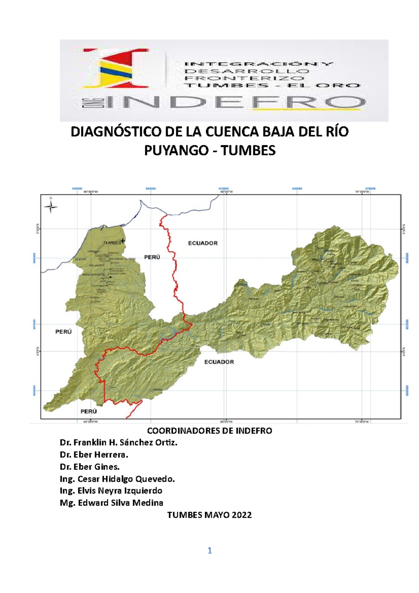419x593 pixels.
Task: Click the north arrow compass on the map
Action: [51, 207]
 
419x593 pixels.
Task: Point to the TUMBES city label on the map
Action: [112, 243]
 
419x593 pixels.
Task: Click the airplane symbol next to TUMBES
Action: [123, 241]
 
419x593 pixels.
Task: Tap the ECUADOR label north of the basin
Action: [203, 243]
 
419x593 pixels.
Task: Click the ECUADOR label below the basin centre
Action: [219, 362]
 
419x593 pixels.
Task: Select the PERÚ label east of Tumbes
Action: [152, 257]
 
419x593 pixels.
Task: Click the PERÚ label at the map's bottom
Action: [89, 411]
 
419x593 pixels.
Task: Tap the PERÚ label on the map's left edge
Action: [64, 332]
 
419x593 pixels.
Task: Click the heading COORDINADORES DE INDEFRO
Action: [209, 431]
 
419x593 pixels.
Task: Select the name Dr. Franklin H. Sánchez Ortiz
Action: [119, 442]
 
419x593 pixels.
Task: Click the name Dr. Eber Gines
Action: [90, 467]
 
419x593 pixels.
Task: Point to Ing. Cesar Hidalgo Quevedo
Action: [117, 479]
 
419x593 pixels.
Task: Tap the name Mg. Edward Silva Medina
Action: [111, 503]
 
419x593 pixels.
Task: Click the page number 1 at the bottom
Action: [209, 551]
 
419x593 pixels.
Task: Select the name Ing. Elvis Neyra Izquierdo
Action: [111, 491]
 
